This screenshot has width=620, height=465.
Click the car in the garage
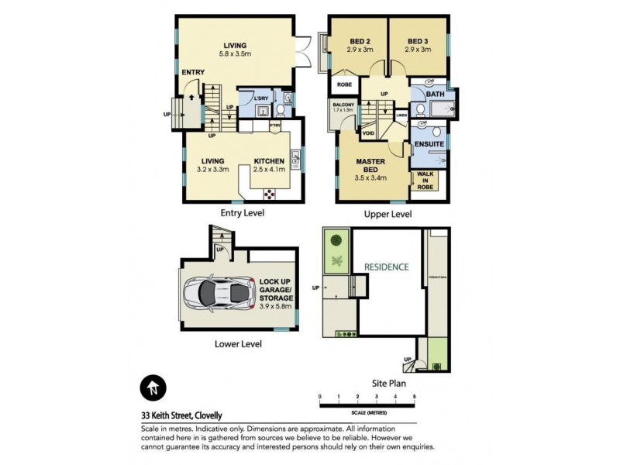[219, 292]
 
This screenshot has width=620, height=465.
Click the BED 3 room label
[418, 41]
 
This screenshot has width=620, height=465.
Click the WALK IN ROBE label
[426, 180]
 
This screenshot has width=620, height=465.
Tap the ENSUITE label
[428, 145]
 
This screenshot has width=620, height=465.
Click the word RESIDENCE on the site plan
[386, 267]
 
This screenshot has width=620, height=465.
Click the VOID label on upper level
[369, 133]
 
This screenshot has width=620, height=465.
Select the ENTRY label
[193, 73]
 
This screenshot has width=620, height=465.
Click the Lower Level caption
[240, 344]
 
